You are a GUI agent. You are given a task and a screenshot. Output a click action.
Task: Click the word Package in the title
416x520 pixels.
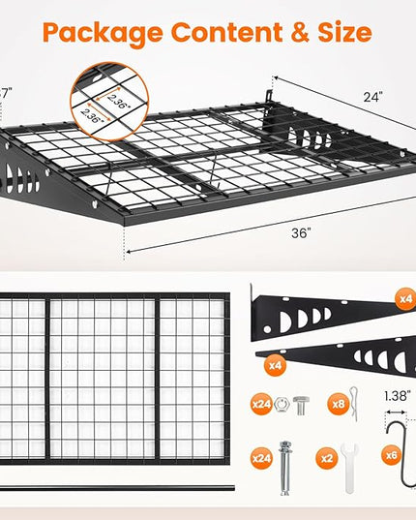click(103, 34)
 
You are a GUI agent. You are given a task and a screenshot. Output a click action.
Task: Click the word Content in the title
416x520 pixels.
click(226, 32)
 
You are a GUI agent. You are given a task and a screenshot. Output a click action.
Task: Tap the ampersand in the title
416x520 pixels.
click(300, 32)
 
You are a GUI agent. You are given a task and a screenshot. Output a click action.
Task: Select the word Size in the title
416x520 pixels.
click(344, 32)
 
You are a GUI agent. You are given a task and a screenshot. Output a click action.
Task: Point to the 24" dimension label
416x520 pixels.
click(372, 97)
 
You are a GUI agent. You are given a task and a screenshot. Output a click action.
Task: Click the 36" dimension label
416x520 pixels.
click(302, 233)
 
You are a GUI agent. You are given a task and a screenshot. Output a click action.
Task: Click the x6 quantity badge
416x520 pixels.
click(392, 455)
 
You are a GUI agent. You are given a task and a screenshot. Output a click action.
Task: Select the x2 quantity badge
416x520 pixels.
click(327, 458)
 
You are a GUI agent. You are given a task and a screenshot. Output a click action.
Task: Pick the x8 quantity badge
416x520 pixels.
click(339, 404)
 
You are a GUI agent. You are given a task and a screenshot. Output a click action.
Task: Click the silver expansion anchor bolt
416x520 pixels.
click(284, 468)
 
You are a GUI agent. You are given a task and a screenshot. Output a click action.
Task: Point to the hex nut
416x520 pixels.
click(282, 404)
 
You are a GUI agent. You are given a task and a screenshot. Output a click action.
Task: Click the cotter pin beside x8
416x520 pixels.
click(354, 404)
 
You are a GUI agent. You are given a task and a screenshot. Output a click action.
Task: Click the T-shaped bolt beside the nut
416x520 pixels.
click(301, 406)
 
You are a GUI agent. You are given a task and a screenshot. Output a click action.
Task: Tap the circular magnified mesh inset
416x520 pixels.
click(109, 102)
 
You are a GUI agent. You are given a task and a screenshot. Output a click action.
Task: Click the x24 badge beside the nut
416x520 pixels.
click(261, 404)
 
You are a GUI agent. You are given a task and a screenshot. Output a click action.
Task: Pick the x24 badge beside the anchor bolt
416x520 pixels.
click(261, 458)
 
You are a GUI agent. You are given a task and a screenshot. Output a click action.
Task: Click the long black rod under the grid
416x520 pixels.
click(117, 488)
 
